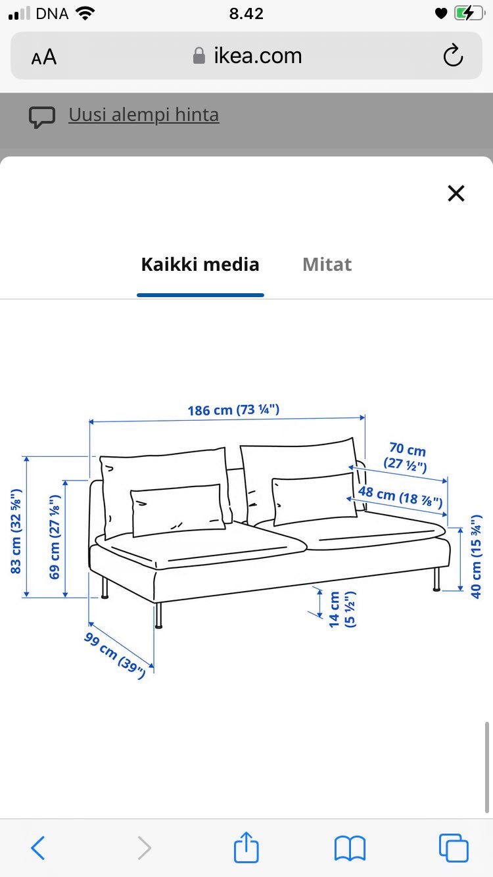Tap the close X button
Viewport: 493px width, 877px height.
click(456, 193)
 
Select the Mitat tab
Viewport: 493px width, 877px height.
click(327, 265)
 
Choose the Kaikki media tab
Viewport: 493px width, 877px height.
click(200, 265)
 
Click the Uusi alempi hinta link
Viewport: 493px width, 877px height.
click(143, 115)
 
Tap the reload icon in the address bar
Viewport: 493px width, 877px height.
click(453, 57)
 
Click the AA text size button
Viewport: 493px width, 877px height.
click(44, 58)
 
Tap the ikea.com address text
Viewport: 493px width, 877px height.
click(258, 56)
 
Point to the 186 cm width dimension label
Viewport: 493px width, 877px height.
click(233, 410)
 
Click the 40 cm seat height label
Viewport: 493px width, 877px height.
click(476, 556)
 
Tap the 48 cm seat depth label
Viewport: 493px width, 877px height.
click(400, 497)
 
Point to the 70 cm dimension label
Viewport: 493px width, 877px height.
click(406, 458)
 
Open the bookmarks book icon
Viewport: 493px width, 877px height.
click(350, 847)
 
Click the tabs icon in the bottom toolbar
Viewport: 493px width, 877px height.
click(454, 847)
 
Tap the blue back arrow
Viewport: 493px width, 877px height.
click(38, 847)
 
